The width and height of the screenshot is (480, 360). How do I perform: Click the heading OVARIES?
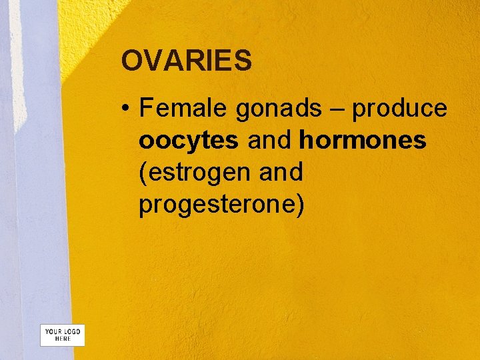tap(186, 61)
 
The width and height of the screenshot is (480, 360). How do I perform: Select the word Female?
tap(183, 108)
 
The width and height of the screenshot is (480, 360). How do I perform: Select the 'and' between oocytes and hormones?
tap(269, 141)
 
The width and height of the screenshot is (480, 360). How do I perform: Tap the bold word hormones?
tap(363, 141)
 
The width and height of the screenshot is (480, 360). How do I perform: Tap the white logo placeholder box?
tap(63, 335)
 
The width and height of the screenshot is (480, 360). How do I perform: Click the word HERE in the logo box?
tap(63, 339)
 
